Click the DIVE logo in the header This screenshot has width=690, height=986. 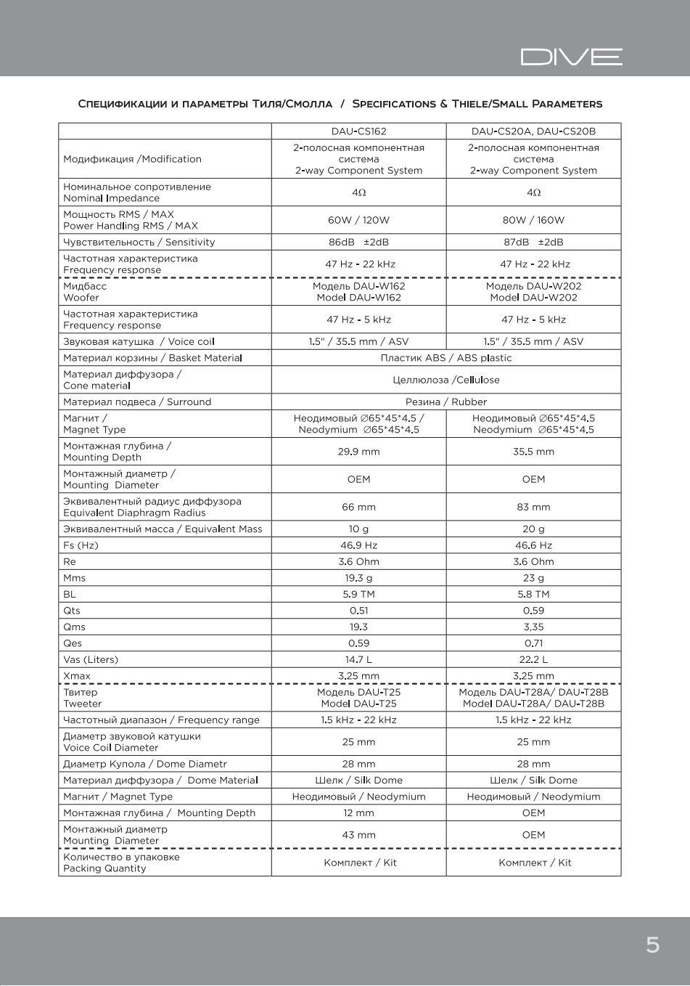click(571, 57)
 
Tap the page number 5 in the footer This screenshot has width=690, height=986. click(652, 945)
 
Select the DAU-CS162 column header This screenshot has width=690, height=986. click(358, 131)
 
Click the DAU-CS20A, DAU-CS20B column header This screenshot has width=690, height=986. click(533, 131)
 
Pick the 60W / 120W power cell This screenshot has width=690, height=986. click(358, 220)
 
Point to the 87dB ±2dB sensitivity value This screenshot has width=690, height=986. click(533, 242)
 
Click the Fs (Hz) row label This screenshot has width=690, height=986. click(81, 545)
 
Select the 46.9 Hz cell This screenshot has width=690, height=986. click(358, 545)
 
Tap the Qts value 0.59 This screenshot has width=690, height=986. click(533, 611)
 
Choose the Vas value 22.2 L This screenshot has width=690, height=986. click(533, 659)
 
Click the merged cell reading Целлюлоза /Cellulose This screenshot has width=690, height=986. click(445, 380)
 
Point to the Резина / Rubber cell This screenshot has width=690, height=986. click(445, 402)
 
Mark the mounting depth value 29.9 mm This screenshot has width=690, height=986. click(358, 452)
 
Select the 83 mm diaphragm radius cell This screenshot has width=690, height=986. click(533, 507)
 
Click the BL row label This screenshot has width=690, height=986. click(70, 594)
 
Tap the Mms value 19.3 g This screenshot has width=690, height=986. click(358, 578)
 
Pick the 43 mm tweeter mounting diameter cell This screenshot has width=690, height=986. click(358, 835)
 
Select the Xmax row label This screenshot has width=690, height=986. click(77, 676)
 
